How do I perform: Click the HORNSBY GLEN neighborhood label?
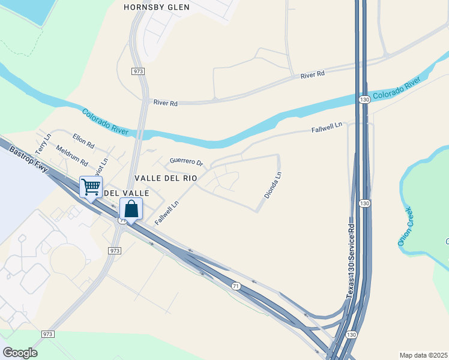point(156,7)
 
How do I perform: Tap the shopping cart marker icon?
point(91,187)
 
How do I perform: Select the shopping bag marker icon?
point(131,209)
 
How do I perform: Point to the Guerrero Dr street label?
point(187,162)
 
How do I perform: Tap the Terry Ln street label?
point(43,143)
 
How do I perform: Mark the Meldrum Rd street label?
point(71,155)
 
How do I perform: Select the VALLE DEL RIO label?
point(166,178)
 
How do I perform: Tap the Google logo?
point(20,353)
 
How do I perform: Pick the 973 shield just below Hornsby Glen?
point(137,71)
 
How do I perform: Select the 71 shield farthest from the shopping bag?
point(236,287)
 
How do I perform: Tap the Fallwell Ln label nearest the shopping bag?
point(167,212)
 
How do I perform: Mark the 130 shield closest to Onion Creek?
point(364,204)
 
